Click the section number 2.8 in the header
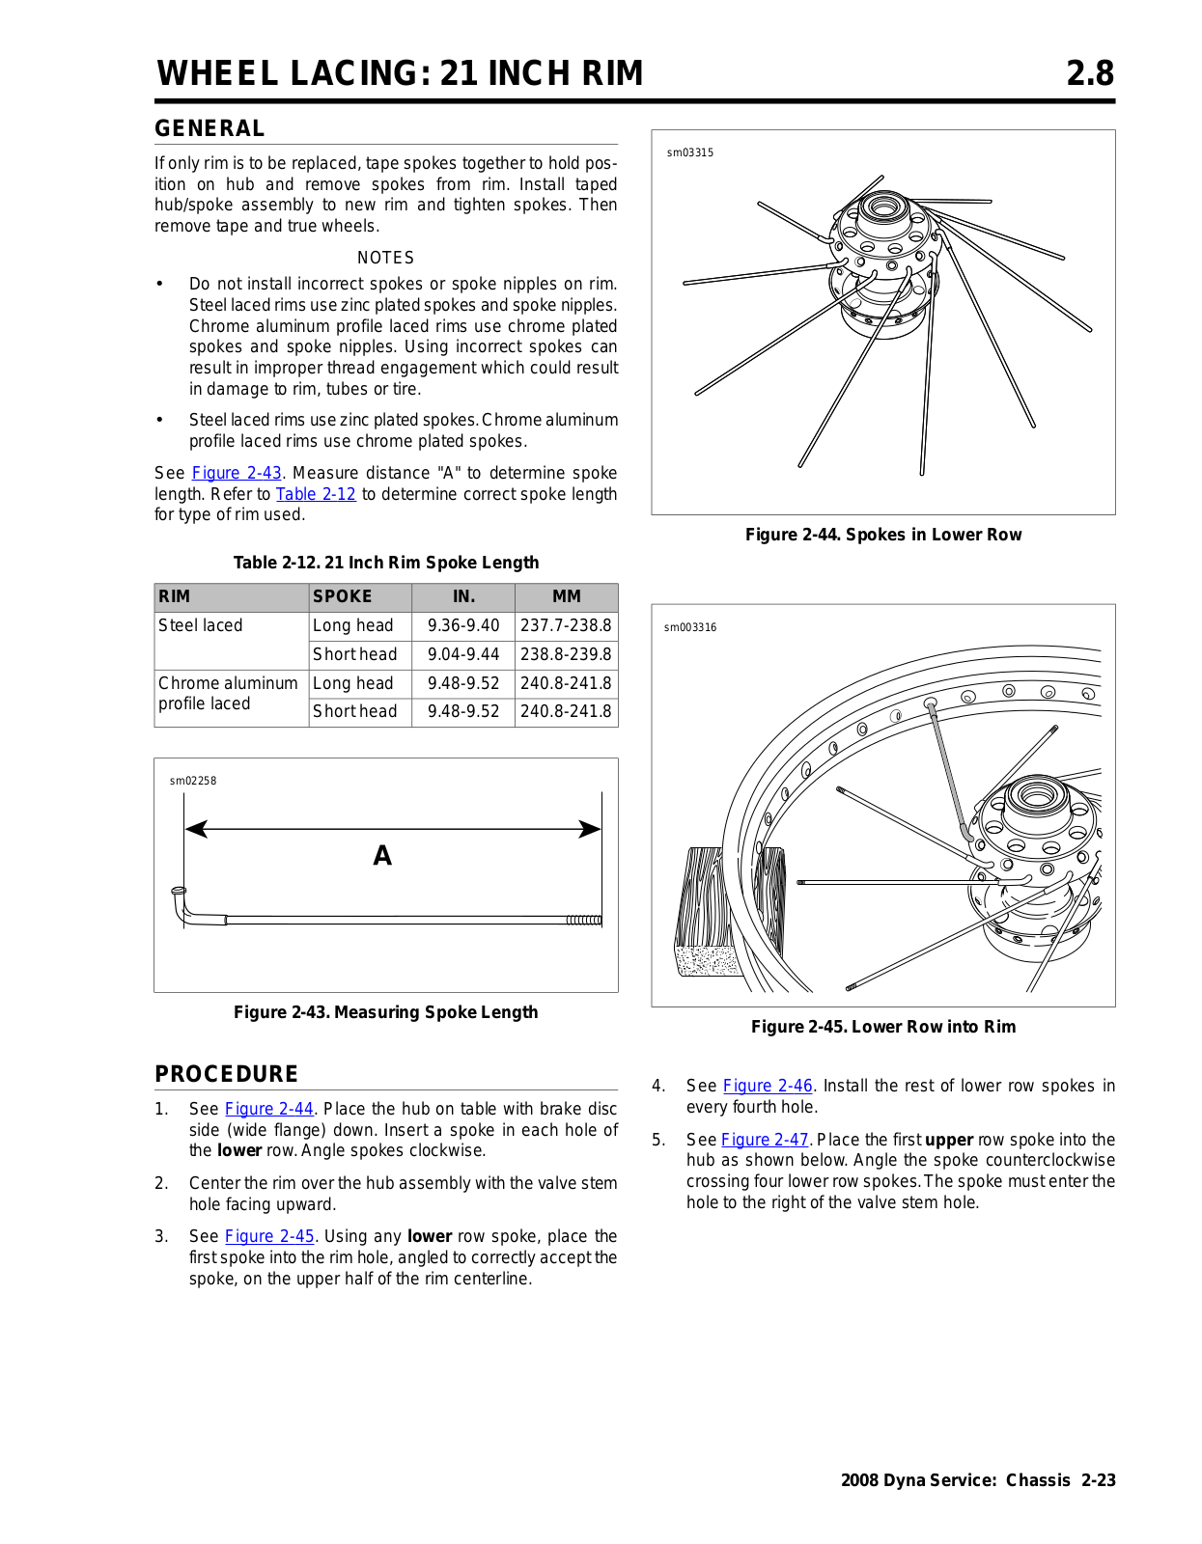point(1089,73)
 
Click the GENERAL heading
point(210,128)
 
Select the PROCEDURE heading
point(226,1074)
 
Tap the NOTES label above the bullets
point(385,258)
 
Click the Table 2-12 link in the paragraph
point(316,494)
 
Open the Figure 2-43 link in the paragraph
point(237,473)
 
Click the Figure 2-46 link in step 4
point(768,1086)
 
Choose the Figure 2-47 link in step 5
point(765,1140)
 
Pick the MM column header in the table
point(566,596)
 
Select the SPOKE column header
point(342,596)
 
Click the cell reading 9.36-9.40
point(463,625)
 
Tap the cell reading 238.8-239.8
point(566,654)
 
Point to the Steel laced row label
point(201,625)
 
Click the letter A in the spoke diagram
point(382,856)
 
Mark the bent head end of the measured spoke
point(181,903)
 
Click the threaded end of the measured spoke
point(584,920)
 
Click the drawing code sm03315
point(690,152)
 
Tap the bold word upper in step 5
point(948,1140)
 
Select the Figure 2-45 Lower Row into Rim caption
point(882,1027)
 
